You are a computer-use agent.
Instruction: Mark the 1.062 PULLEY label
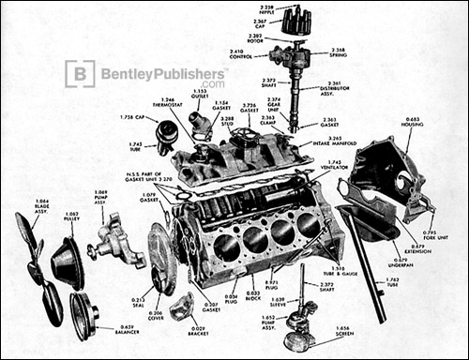click(x=69, y=218)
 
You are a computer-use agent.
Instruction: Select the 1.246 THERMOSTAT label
click(x=169, y=104)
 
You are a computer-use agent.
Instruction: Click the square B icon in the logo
click(x=78, y=73)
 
